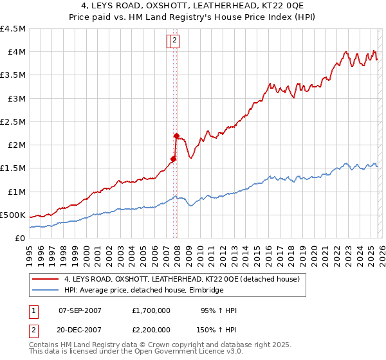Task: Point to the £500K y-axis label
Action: click(13, 215)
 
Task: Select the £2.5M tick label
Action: click(13, 122)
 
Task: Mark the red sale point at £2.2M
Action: click(176, 136)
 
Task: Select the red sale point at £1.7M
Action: click(173, 159)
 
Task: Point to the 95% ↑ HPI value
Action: click(219, 310)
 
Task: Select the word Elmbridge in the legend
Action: click(205, 291)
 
